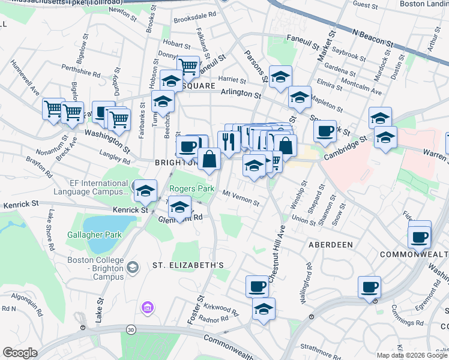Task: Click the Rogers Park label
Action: (192, 188)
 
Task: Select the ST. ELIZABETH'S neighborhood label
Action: (188, 265)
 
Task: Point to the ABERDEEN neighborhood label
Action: (330, 245)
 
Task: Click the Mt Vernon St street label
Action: (241, 198)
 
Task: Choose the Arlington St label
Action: (241, 94)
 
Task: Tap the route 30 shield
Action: (131, 329)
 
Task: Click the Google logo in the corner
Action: (20, 353)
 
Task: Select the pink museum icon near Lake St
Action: (147, 308)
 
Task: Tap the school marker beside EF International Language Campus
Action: (145, 191)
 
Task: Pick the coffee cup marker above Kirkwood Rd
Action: (257, 286)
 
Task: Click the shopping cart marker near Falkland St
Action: (188, 67)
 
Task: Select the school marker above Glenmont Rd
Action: (179, 208)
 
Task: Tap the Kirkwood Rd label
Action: (219, 312)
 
